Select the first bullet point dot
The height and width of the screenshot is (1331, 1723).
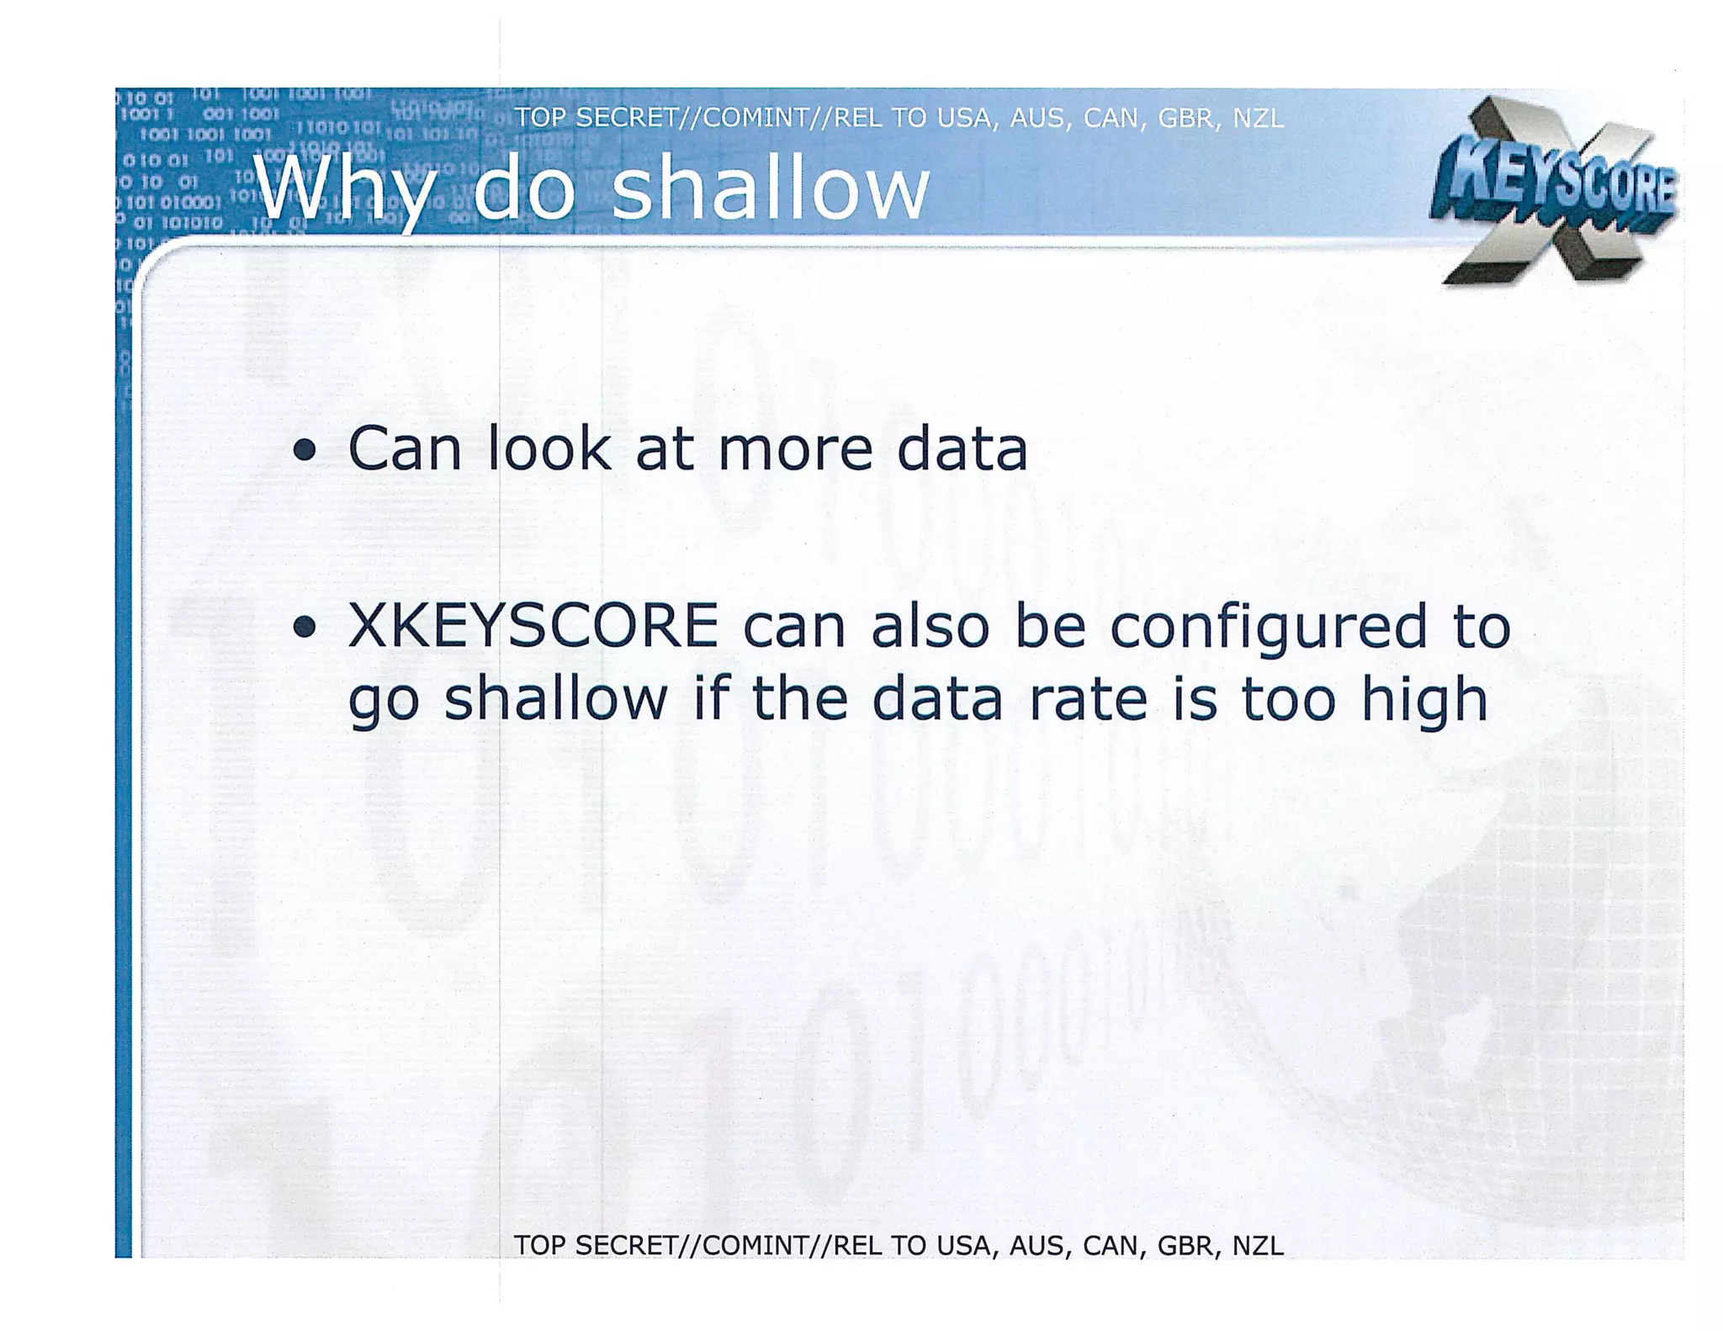point(305,451)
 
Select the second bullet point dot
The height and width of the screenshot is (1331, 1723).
point(305,627)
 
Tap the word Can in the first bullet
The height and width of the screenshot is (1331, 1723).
point(405,448)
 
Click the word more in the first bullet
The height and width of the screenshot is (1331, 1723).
point(795,450)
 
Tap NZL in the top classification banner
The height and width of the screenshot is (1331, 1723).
point(1258,119)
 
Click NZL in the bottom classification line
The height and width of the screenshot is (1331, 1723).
point(1258,1245)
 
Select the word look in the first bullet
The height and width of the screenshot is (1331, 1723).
point(549,448)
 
